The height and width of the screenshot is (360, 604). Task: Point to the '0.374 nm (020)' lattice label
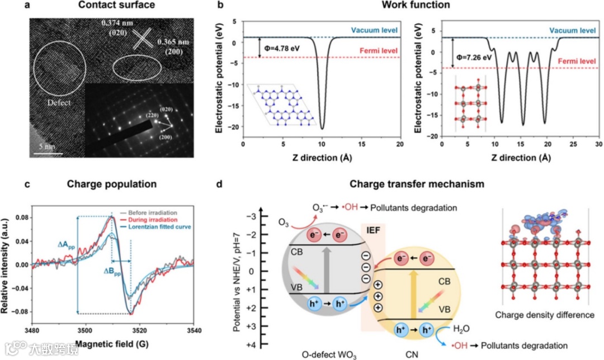(x=118, y=28)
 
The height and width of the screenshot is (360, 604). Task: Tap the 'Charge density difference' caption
(x=544, y=315)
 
